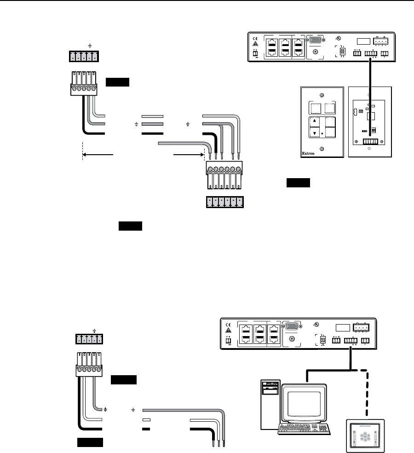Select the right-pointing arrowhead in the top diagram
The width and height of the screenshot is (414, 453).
tap(201, 156)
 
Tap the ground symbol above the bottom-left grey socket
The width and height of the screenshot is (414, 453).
tap(94, 330)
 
